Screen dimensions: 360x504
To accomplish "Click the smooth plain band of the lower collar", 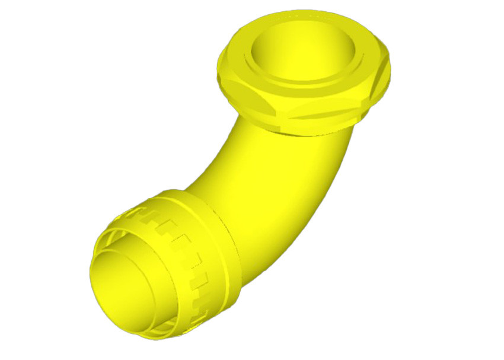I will tap(219, 249).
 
